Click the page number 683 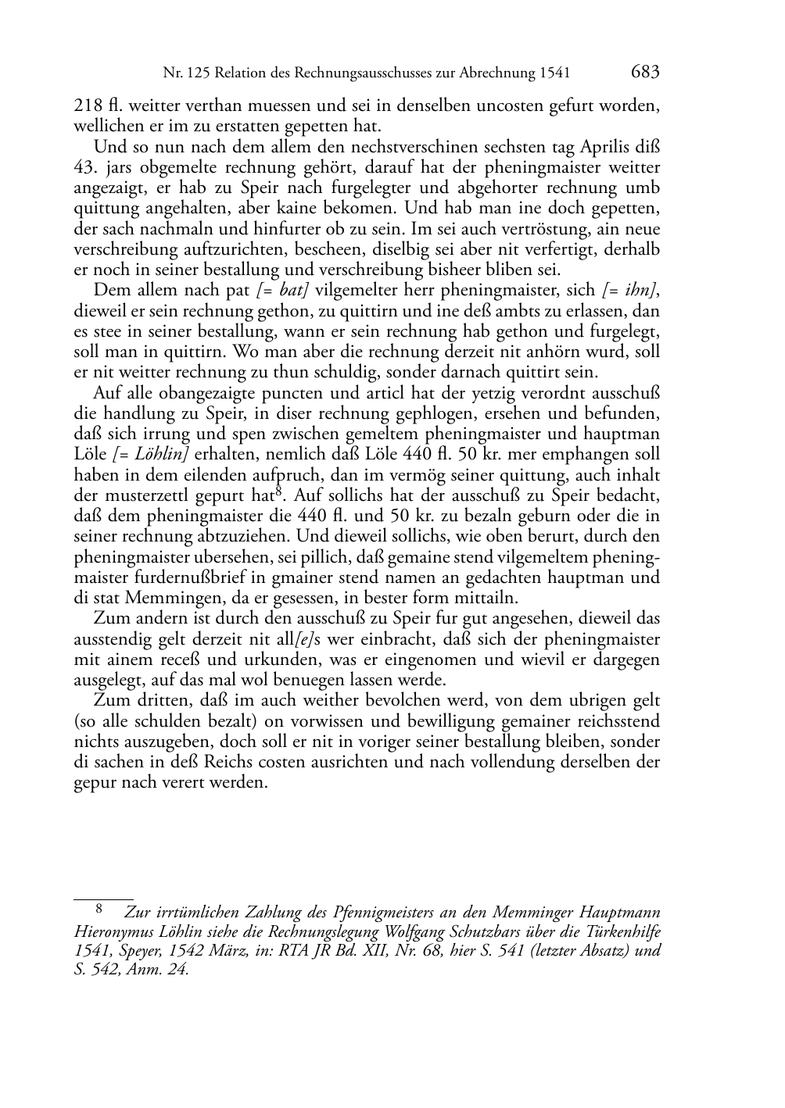[644, 73]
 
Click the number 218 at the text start [85, 105]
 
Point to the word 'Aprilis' [602, 147]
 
